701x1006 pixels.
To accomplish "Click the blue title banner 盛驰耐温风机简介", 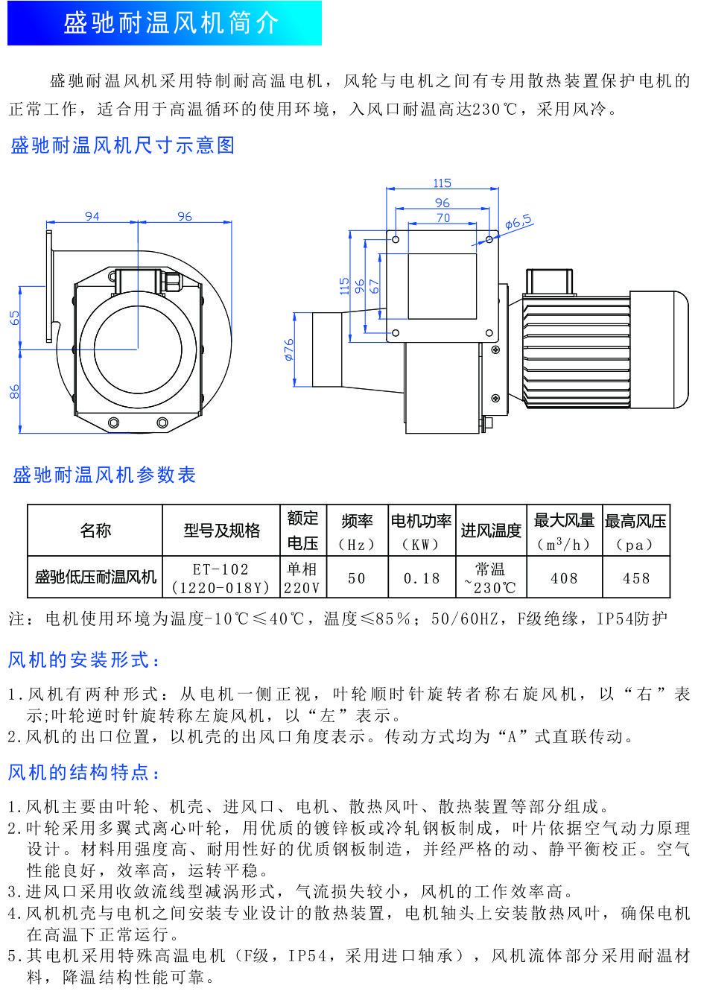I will (165, 23).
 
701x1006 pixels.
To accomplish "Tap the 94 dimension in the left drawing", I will (92, 216).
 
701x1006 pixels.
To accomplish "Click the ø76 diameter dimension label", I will (289, 349).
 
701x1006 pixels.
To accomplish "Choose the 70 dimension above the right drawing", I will (443, 218).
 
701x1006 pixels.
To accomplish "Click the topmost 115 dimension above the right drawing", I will (443, 183).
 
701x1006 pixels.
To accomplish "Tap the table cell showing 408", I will (564, 578).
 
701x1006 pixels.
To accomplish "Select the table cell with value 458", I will (636, 578).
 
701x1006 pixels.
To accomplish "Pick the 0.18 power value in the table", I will (422, 578).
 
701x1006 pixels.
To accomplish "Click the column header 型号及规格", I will (222, 531).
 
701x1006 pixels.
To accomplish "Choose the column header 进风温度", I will (491, 531).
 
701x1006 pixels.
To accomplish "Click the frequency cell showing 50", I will (357, 578).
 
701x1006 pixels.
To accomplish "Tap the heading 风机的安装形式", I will (84, 660).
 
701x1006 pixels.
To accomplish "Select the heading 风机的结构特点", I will (84, 772).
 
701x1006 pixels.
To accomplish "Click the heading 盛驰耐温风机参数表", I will (104, 475).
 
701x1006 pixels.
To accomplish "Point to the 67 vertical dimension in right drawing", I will (375, 285).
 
